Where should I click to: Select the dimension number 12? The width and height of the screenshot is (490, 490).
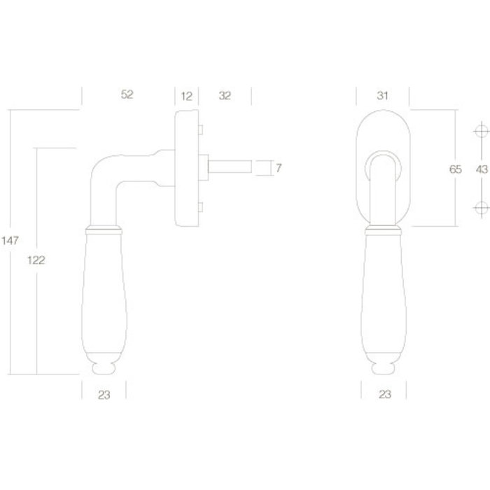[187, 96]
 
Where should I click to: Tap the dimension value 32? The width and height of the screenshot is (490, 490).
[225, 96]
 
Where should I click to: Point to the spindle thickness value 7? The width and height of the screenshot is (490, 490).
[279, 168]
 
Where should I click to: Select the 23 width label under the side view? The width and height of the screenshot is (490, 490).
[104, 395]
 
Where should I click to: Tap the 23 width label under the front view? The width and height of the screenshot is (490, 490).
[384, 395]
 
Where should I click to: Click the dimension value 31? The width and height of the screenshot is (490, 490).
[383, 96]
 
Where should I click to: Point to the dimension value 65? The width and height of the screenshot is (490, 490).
[456, 169]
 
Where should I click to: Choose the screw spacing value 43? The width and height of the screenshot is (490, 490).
[481, 169]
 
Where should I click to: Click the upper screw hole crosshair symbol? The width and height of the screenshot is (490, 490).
[480, 132]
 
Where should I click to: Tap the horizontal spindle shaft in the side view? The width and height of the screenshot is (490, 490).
[231, 167]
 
